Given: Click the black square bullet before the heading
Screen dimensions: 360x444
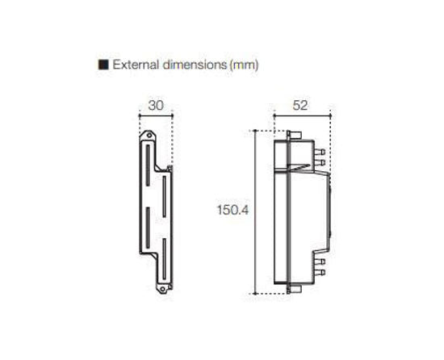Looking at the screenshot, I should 103,64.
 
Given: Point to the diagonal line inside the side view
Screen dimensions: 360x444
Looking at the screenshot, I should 298,167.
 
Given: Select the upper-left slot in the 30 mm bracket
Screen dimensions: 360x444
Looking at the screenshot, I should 146,165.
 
